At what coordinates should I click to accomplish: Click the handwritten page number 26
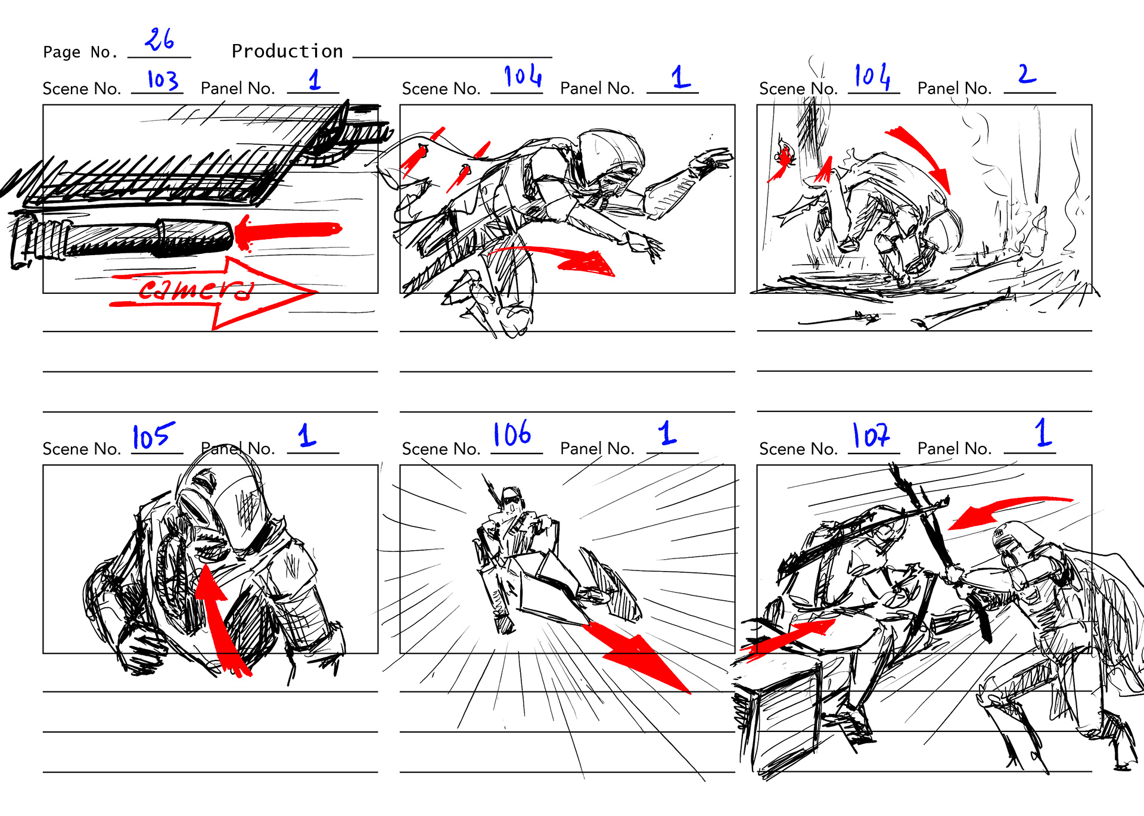click(x=159, y=39)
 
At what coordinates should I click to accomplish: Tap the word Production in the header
click(x=287, y=51)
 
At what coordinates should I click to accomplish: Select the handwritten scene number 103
click(x=163, y=80)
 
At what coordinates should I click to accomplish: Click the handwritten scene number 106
click(x=512, y=433)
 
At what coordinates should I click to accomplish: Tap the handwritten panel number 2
click(x=1027, y=74)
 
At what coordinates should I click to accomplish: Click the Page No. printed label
click(x=80, y=52)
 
